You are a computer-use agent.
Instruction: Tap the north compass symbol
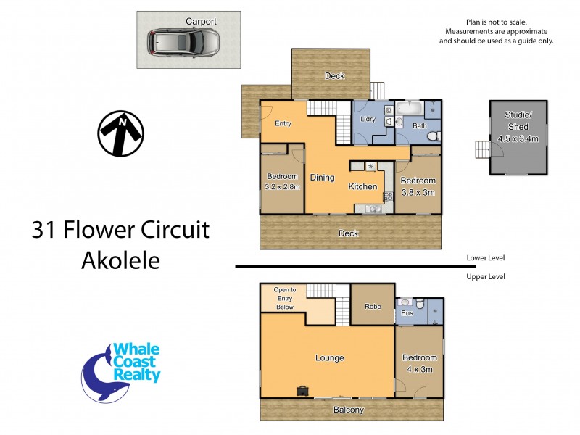(121, 133)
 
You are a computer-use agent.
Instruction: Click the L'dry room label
(366, 119)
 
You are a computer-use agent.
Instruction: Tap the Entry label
(283, 123)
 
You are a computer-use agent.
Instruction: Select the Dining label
(322, 177)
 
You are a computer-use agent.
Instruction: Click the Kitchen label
(362, 186)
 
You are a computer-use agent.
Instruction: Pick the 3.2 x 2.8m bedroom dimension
(282, 186)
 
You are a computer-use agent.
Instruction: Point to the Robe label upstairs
(373, 307)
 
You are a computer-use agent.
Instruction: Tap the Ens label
(407, 314)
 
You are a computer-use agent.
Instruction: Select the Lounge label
(329, 357)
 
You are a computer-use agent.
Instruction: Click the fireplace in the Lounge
(302, 391)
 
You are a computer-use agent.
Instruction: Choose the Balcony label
(349, 410)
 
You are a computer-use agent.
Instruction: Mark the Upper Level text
(486, 276)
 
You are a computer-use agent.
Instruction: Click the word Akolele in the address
(120, 260)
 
